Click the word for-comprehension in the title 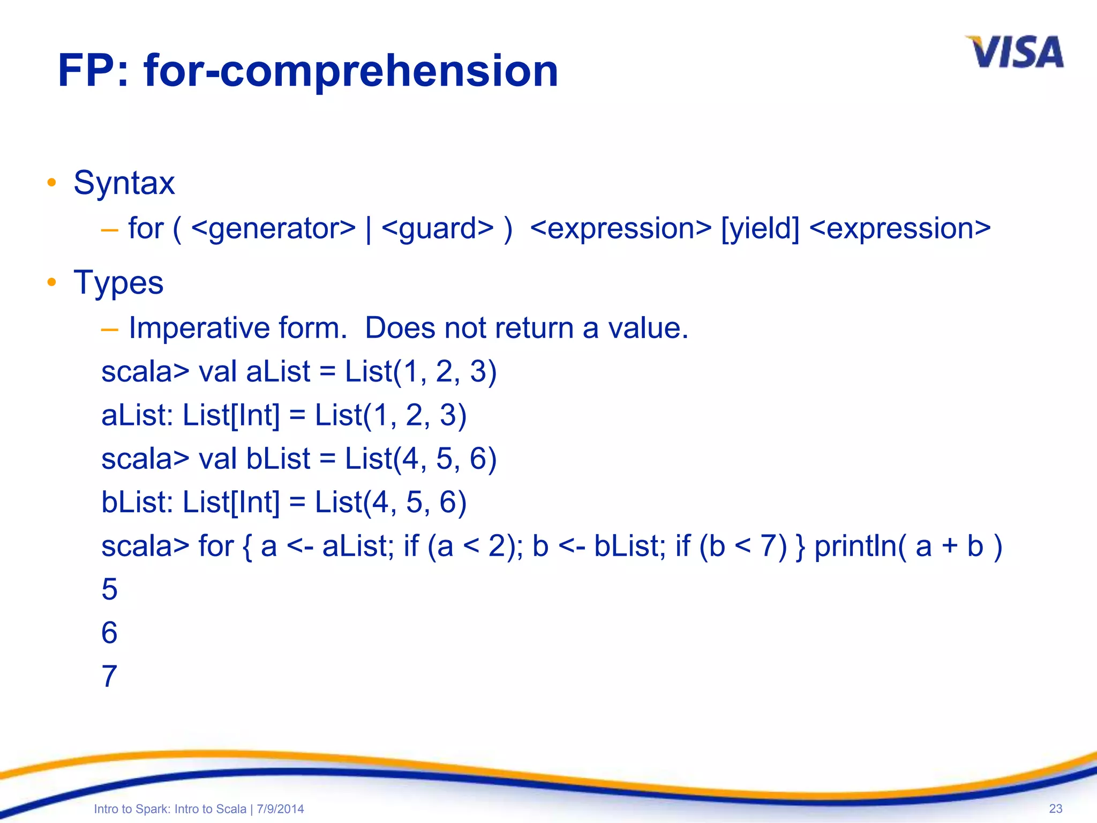(351, 71)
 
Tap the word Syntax (124, 183)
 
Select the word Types (118, 282)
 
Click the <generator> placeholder (273, 229)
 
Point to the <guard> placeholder (437, 229)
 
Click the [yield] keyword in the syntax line (760, 229)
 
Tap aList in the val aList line (278, 372)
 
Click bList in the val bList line (278, 459)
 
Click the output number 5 (109, 590)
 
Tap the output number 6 (109, 633)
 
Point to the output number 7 (109, 677)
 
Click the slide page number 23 (1055, 809)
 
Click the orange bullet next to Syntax (51, 183)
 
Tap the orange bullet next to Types (51, 282)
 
